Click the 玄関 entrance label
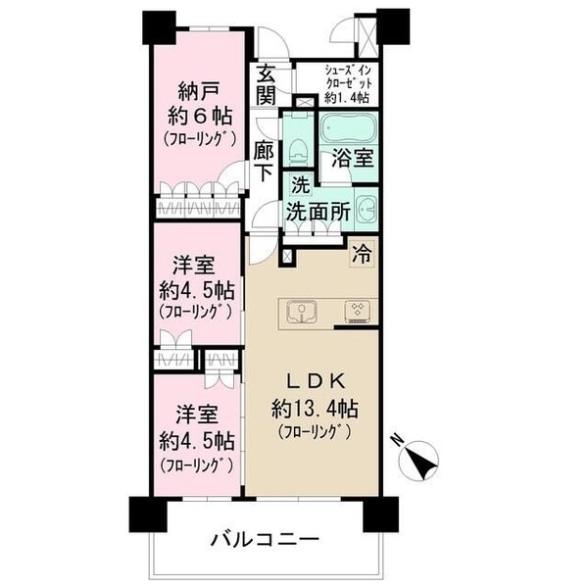tap(267, 84)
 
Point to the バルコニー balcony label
tap(262, 539)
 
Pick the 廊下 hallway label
tap(263, 162)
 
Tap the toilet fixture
tap(298, 150)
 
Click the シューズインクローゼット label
tap(348, 84)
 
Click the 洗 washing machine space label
tap(300, 184)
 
